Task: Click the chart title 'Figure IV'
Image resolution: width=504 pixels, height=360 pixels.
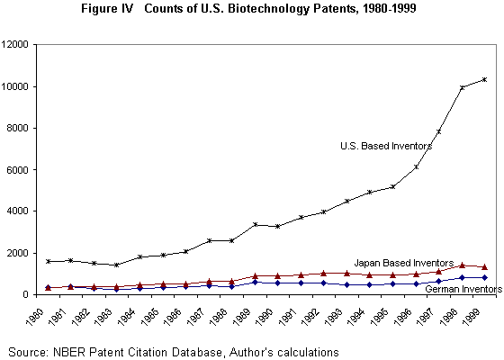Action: click(107, 9)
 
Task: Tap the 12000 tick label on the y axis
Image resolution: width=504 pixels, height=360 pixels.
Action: click(14, 45)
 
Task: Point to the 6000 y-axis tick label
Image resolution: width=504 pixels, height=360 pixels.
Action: click(17, 170)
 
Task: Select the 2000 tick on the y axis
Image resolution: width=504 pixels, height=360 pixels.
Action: click(17, 253)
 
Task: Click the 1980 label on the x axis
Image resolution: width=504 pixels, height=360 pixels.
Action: click(35, 317)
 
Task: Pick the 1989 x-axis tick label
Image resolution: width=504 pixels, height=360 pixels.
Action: click(242, 317)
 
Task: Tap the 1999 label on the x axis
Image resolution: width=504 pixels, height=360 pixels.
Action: click(472, 317)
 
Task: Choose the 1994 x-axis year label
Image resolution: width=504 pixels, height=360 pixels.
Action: click(357, 317)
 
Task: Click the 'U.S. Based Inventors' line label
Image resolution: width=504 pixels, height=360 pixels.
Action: click(386, 146)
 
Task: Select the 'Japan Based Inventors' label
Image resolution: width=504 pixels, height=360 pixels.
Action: click(404, 263)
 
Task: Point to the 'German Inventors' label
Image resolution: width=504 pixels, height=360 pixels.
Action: click(463, 289)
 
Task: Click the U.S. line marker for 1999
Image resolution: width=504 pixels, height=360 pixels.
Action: click(485, 79)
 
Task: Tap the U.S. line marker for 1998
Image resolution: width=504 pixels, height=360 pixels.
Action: click(462, 87)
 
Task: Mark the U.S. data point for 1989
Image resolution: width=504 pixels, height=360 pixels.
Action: click(256, 224)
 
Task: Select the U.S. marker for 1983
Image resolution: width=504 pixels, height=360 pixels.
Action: click(117, 265)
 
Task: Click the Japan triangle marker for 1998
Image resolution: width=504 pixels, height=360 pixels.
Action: click(462, 265)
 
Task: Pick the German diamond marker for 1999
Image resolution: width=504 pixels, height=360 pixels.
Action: click(485, 277)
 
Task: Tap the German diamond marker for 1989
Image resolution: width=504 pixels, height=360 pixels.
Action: click(256, 283)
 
